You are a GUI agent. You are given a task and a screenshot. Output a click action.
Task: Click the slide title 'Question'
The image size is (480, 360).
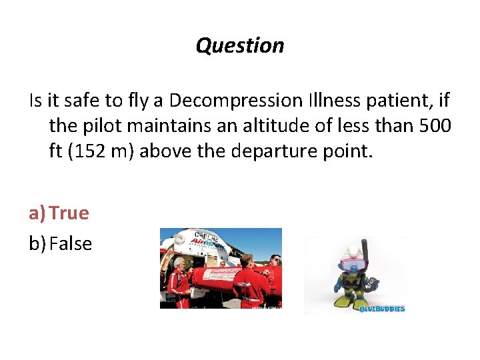pyautogui.click(x=240, y=45)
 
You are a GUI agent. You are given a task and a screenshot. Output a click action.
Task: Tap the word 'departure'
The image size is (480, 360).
pyautogui.click(x=287, y=151)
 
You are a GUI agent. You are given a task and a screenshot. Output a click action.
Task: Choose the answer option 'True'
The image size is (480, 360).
pyautogui.click(x=69, y=213)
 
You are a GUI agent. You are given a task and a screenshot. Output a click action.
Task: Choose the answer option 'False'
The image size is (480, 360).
pyautogui.click(x=70, y=244)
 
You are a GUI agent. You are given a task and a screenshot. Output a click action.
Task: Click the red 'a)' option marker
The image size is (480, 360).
pyautogui.click(x=37, y=213)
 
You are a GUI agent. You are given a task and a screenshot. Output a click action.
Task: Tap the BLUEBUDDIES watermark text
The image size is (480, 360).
pyautogui.click(x=382, y=309)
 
